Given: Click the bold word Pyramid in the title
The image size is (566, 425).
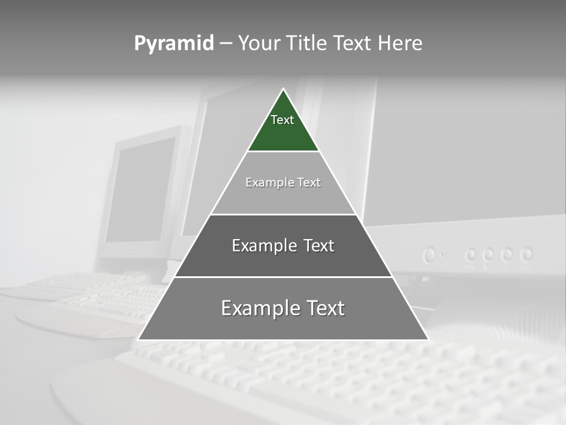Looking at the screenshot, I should coord(174,43).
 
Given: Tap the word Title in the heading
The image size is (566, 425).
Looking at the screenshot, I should coord(307,43).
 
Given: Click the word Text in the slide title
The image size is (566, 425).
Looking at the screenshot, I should coord(353,43).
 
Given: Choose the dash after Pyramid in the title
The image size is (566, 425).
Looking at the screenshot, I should coord(226,44).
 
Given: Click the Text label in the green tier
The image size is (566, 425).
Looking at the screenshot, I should coord(282,120).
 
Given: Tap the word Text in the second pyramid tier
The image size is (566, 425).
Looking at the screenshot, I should coord(309,182).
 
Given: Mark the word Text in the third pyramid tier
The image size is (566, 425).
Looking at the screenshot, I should coord(319,246).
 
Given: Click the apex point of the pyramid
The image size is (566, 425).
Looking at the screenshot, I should coord(283,89).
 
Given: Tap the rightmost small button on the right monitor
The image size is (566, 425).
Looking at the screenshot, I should coord(526,254).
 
